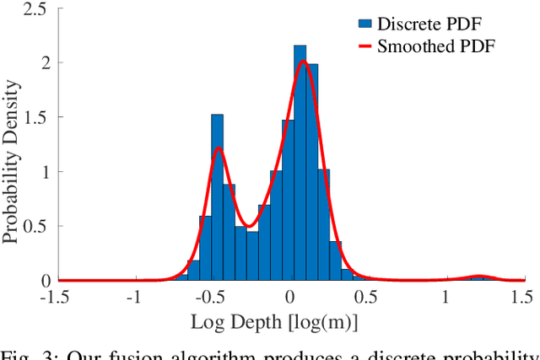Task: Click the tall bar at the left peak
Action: pos(217,197)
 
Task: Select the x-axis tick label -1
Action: pos(134,297)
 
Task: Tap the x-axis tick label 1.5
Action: pos(523,297)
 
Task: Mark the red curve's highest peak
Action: pos(305,62)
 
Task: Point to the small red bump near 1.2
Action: pos(479,276)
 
